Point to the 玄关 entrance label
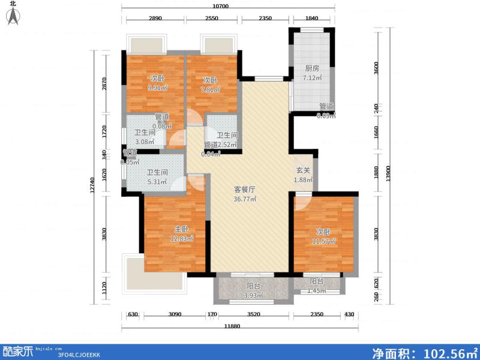[303, 170]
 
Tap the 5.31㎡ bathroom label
[156, 182]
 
